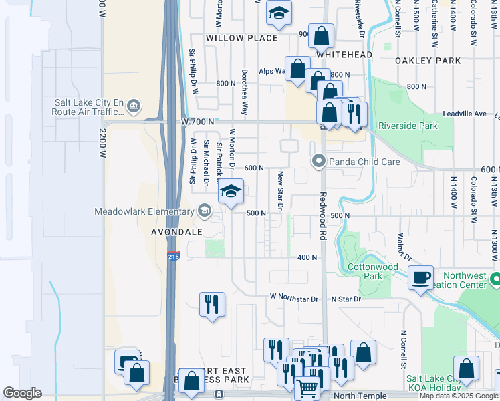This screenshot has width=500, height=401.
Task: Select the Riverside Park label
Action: point(408,126)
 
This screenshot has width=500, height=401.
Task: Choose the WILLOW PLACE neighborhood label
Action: point(242,38)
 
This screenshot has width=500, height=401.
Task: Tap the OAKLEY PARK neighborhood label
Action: point(428,61)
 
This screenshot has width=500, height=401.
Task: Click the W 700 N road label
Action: point(197,122)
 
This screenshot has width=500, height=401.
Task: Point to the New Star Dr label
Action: point(281,190)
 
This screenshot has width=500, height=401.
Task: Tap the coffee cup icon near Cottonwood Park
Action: point(420,278)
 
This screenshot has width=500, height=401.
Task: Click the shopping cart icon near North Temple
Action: point(307,387)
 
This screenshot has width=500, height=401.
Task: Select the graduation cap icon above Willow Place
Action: point(279,13)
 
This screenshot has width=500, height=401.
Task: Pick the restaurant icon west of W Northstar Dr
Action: point(212,304)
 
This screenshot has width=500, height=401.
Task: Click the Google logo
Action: point(23,392)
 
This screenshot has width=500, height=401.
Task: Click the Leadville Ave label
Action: point(472,114)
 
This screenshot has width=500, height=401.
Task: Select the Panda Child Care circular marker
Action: point(319,161)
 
